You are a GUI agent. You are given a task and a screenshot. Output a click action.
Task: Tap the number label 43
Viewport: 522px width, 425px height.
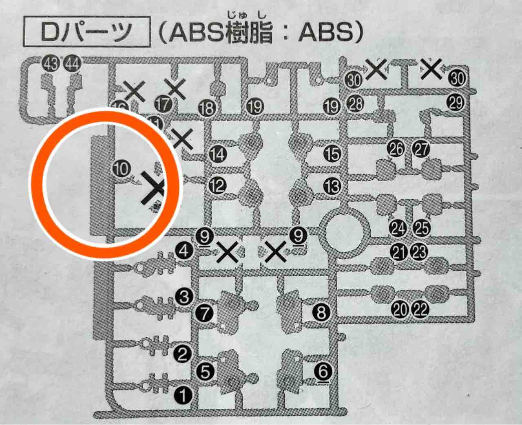coord(51,64)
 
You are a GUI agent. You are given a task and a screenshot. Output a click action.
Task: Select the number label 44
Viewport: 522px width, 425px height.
coord(73,64)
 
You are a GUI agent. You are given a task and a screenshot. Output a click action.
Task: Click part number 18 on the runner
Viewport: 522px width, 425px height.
coord(207,108)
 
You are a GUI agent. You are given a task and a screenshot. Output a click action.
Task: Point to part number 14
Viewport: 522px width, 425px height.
coord(217,154)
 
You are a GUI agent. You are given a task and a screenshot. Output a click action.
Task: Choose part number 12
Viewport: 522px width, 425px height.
coord(217,186)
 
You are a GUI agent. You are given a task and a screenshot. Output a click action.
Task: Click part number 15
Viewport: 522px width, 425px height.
coord(332,154)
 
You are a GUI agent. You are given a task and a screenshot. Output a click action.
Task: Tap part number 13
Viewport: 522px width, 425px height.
coord(332,187)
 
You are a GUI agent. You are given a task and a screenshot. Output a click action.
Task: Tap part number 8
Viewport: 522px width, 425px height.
coord(321,313)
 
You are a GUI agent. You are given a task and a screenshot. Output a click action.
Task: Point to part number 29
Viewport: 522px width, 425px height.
coord(456,102)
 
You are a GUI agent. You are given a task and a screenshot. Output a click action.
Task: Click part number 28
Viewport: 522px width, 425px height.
coord(356,104)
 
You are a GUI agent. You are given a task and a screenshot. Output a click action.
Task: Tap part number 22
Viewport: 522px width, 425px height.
coord(421,310)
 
